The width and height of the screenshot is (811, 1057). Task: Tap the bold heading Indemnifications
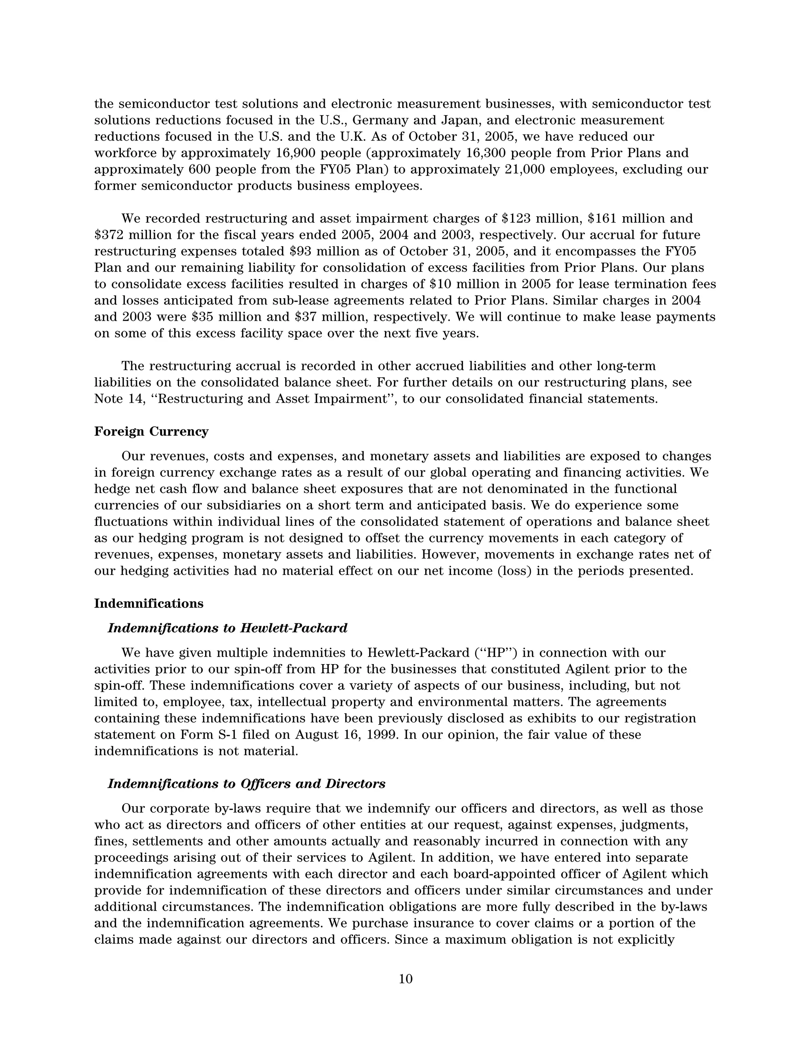point(148,603)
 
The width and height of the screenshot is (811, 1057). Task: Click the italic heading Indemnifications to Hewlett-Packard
point(227,628)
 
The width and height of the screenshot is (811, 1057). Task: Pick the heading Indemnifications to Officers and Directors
point(246,783)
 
